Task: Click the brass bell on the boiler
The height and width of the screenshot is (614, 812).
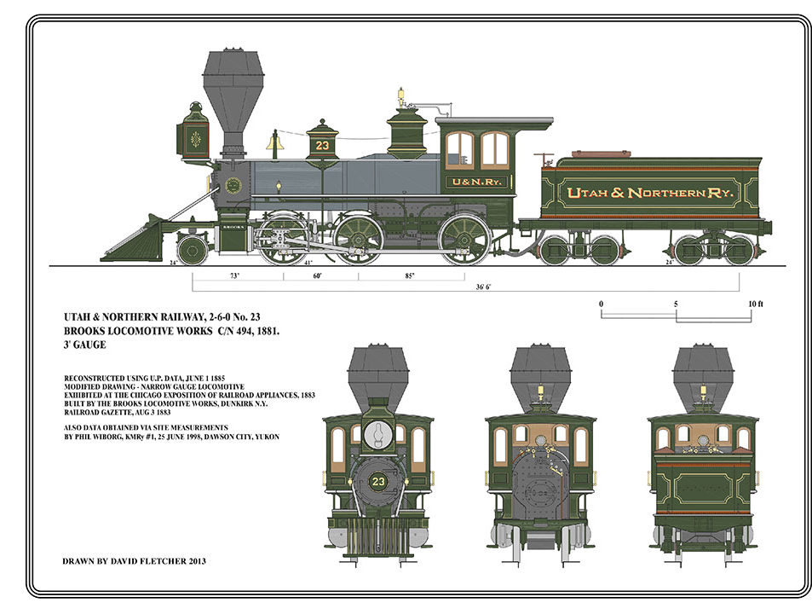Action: [274, 142]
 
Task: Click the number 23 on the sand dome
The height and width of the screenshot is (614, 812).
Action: [321, 145]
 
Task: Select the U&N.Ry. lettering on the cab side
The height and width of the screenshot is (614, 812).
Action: [479, 182]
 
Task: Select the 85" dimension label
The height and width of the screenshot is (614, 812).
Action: [411, 276]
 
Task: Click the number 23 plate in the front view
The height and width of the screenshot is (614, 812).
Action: [378, 483]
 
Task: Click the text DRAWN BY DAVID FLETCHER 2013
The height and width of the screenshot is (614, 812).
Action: [135, 561]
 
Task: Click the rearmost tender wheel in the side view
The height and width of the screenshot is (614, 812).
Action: [738, 249]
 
